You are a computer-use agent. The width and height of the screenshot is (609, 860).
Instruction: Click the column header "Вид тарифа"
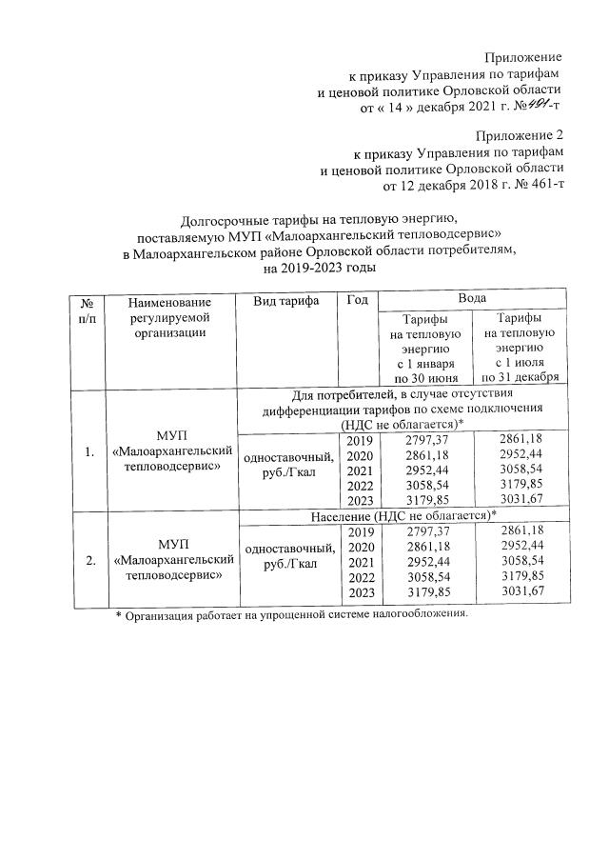pyautogui.click(x=286, y=301)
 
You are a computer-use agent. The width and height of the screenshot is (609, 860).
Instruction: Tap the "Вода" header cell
pyautogui.click(x=472, y=299)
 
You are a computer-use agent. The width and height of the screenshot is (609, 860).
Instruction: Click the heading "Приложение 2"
pyautogui.click(x=520, y=133)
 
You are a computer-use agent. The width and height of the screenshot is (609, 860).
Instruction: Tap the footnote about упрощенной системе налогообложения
pyautogui.click(x=292, y=615)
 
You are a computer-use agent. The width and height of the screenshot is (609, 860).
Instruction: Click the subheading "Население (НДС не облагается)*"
pyautogui.click(x=403, y=515)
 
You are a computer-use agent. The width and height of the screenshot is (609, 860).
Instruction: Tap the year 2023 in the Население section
pyautogui.click(x=360, y=591)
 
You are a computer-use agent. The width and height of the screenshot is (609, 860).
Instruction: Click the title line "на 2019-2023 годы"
pyautogui.click(x=319, y=269)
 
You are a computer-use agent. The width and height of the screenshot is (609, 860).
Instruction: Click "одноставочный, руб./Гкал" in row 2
pyautogui.click(x=288, y=556)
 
